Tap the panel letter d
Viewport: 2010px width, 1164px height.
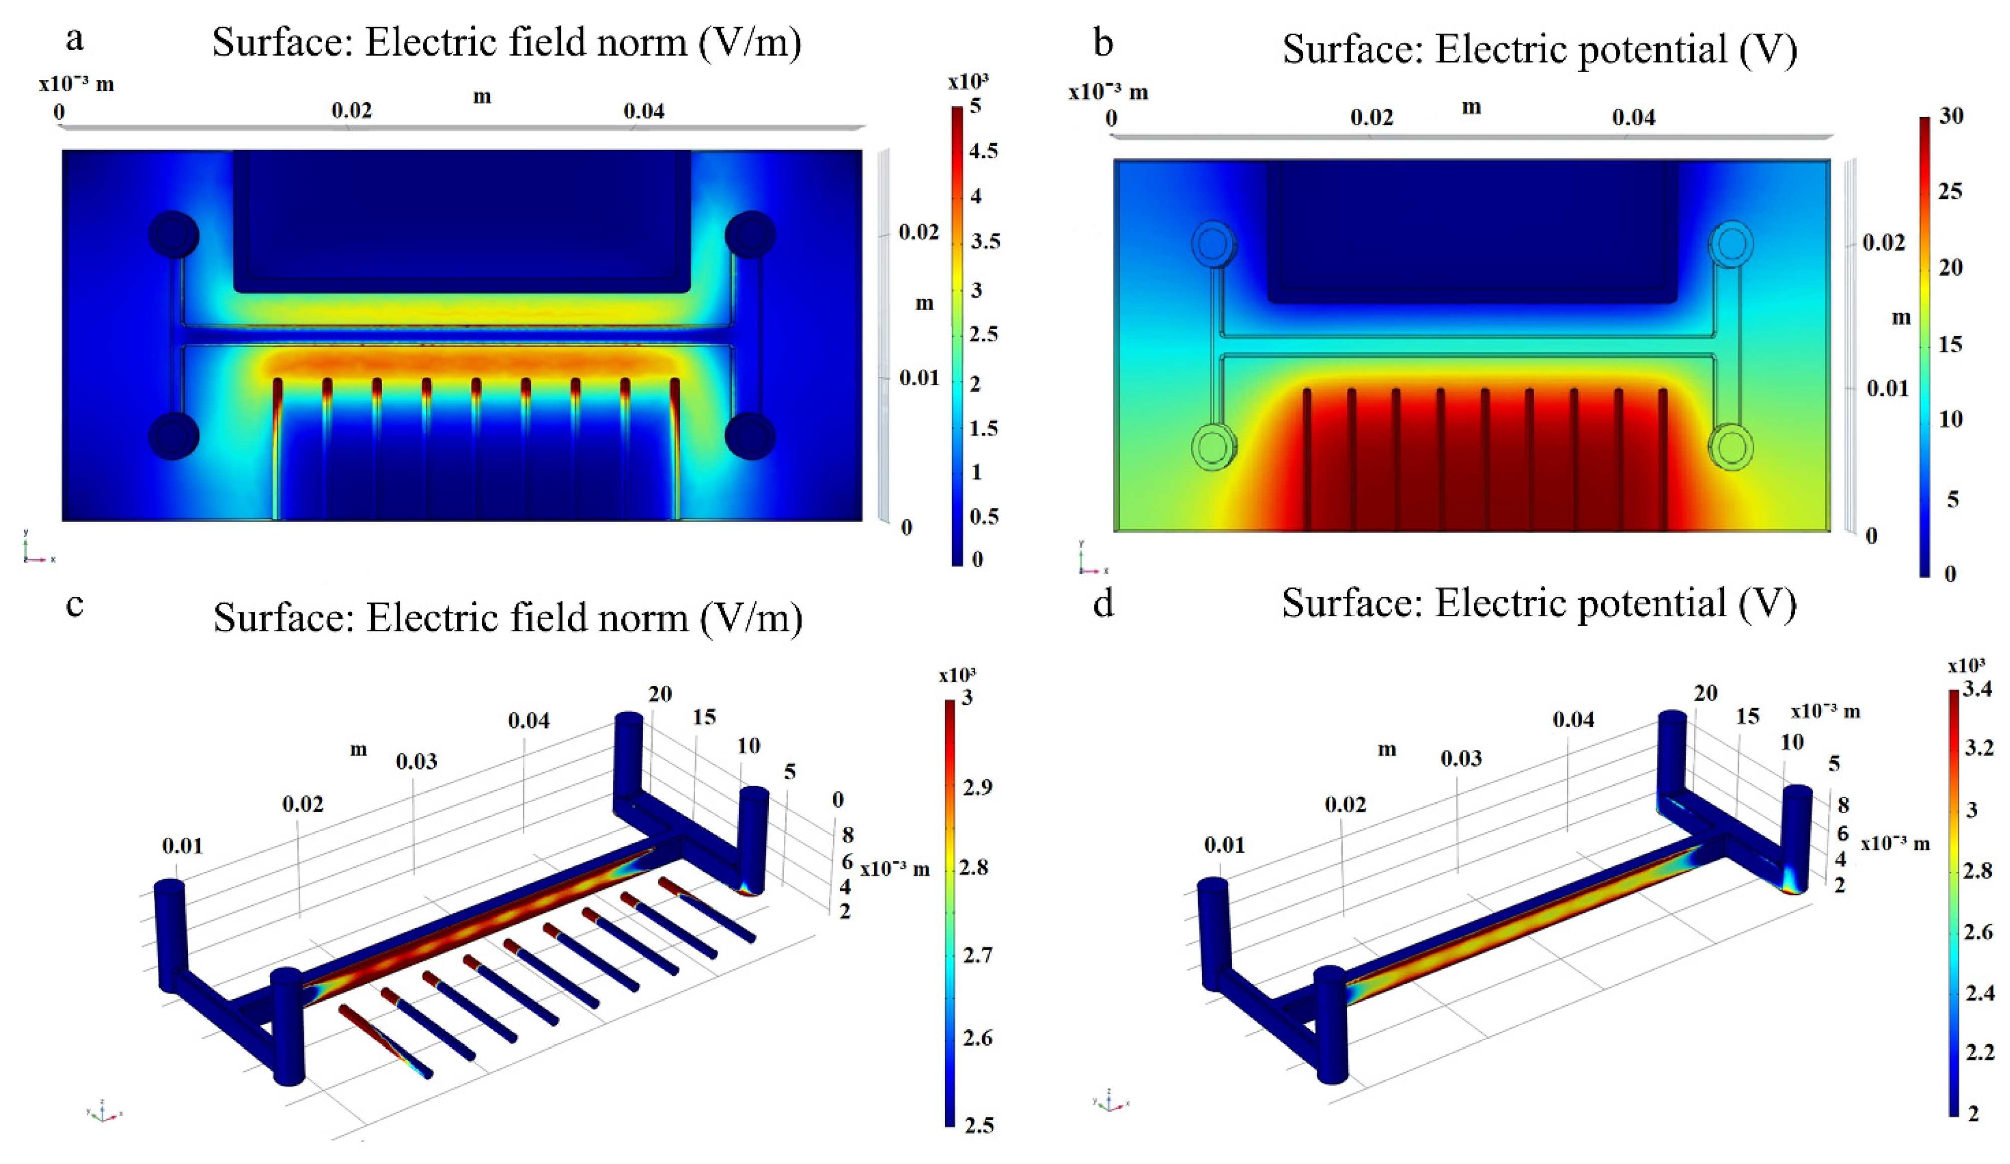click(x=1103, y=604)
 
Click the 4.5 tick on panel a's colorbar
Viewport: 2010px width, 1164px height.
click(x=984, y=151)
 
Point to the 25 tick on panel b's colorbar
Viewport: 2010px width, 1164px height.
click(x=1951, y=191)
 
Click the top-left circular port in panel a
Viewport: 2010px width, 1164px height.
click(x=174, y=235)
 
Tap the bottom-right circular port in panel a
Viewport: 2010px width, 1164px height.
click(x=750, y=435)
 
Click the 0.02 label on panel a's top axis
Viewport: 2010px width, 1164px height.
click(x=352, y=110)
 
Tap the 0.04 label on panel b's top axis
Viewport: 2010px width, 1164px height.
click(x=1633, y=118)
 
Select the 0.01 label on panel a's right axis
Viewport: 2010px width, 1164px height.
click(x=920, y=377)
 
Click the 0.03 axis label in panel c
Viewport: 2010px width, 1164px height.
click(x=416, y=761)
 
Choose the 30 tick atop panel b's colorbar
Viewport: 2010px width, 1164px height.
click(x=1951, y=116)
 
